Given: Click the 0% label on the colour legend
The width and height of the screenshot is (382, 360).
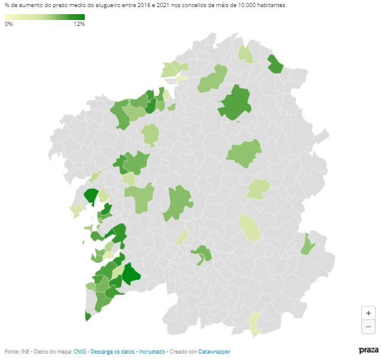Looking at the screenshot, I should (8, 24).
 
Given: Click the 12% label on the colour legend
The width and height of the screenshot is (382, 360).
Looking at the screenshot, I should (79, 24).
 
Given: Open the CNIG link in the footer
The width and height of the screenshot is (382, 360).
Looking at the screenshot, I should (79, 351).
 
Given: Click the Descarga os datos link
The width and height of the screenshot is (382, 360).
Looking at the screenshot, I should (112, 351).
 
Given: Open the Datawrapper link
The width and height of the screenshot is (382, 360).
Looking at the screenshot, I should (214, 351).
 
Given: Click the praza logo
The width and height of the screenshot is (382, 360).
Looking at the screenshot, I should (368, 351).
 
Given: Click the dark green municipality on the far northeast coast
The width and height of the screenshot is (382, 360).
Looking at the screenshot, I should (275, 64).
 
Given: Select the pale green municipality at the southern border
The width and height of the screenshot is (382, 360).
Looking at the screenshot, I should (254, 324).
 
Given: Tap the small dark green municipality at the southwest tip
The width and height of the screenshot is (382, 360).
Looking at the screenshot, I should (88, 316).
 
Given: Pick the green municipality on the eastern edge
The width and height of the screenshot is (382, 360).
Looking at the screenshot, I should (307, 245).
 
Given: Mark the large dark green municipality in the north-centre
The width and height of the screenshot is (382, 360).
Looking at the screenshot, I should (236, 104).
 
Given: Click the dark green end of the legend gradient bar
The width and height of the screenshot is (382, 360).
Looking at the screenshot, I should (81, 16).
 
